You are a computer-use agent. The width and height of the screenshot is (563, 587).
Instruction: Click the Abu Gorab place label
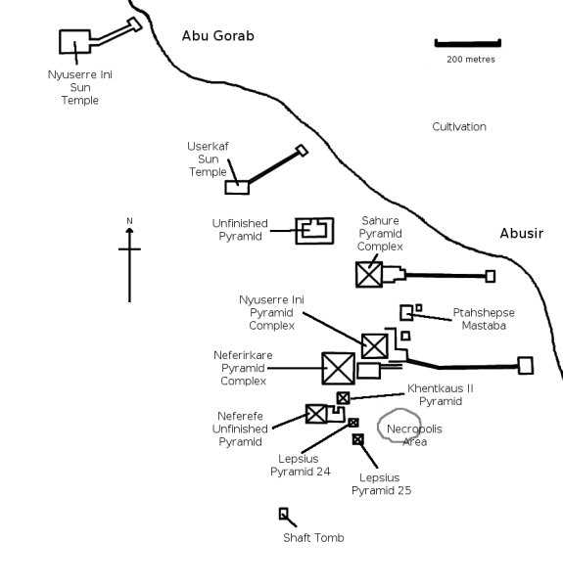pos(217,36)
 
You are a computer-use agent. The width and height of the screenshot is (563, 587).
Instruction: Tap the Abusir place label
pos(521,234)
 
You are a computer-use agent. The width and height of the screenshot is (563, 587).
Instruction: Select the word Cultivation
pos(459,127)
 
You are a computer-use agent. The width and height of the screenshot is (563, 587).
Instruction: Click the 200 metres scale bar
pos(467,43)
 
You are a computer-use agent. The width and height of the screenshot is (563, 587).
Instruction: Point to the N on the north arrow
pos(129,220)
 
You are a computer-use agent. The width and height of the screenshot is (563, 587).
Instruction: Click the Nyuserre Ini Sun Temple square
pos(74,42)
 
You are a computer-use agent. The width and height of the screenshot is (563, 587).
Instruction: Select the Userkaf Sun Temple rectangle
pos(237,187)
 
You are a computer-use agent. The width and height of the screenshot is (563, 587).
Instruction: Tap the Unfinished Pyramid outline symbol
pos(314,231)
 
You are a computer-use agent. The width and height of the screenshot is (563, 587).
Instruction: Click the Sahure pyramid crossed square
pos(369,274)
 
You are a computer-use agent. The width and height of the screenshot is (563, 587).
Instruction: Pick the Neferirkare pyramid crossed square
pos(338,368)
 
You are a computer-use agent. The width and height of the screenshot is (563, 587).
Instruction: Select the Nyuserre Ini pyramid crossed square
pos(374,345)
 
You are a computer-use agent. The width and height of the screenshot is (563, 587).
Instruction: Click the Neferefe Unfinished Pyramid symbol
pos(316,413)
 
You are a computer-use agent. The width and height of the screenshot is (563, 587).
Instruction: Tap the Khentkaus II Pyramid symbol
pos(343,398)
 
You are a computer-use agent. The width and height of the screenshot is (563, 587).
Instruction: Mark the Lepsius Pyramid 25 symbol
pos(358,439)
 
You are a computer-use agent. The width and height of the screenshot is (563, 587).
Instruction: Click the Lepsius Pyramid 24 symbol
pos(353,423)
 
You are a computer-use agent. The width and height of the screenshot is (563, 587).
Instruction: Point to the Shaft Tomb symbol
pos(284,514)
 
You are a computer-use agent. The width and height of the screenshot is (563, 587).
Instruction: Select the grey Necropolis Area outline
pos(399,426)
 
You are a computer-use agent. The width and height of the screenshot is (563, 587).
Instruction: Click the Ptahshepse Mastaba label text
pos(483,319)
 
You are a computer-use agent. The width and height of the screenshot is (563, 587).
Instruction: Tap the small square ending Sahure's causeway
pos(491,277)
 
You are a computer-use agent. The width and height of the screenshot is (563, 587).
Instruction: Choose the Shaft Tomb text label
pos(313,538)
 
